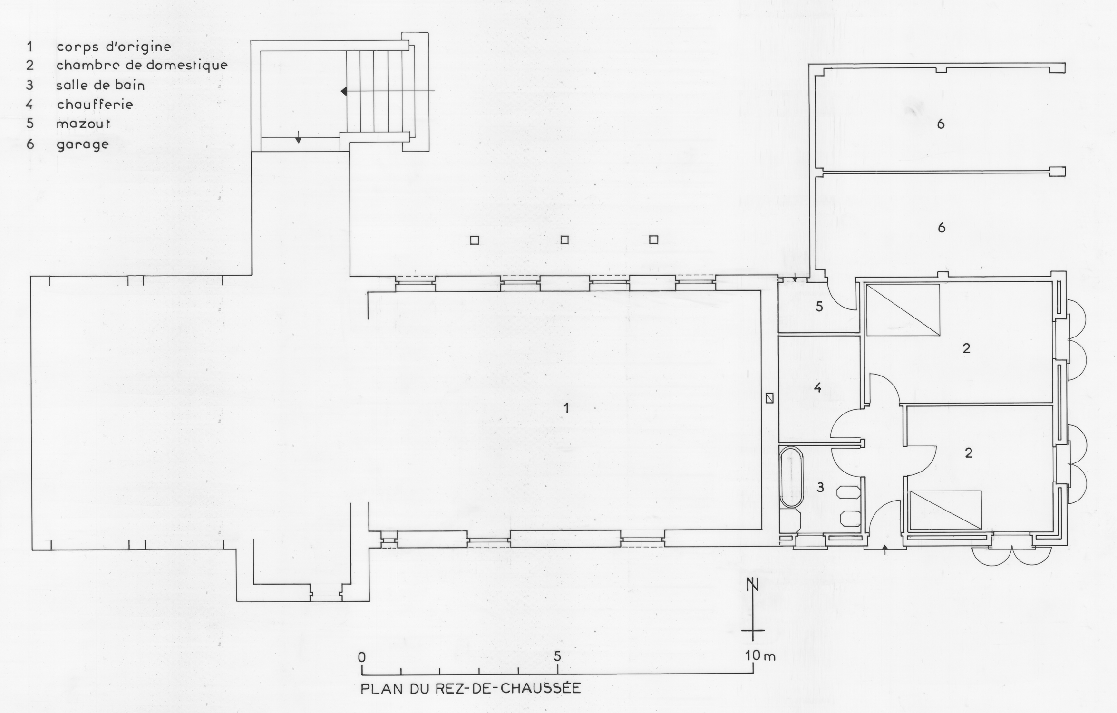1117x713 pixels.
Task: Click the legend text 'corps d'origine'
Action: tap(114, 47)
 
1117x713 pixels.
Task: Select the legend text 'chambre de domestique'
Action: tap(142, 65)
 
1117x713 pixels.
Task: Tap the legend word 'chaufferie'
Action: tap(95, 104)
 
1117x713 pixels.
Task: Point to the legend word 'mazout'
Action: tap(83, 124)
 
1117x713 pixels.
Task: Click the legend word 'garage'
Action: tap(83, 145)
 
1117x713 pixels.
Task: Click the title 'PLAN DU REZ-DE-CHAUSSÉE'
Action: tap(471, 689)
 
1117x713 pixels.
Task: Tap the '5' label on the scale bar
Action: tap(557, 656)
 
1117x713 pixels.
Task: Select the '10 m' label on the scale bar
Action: tap(760, 656)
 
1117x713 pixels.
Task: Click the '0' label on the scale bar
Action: tap(362, 657)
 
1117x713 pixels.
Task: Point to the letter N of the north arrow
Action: tap(752, 584)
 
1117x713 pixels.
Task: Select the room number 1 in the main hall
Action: tap(566, 408)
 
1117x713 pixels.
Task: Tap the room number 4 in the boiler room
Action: tap(817, 388)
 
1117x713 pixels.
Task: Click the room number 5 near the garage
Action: tap(819, 307)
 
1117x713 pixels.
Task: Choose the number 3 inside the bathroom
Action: tap(820, 487)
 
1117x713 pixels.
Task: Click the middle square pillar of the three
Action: tap(564, 240)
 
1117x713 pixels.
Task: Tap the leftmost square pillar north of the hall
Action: tap(475, 241)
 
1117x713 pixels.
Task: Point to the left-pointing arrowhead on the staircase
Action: tap(343, 91)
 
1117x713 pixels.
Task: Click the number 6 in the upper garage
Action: tap(940, 124)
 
